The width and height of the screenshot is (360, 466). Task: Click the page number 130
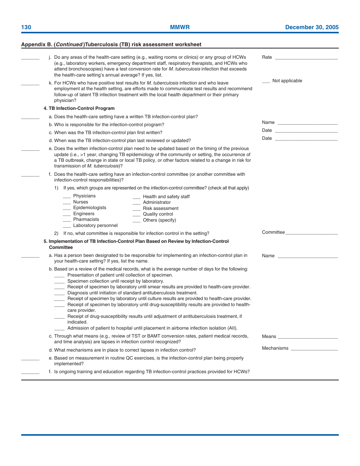pyautogui.click(x=26, y=27)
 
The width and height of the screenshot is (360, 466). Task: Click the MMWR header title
pyautogui.click(x=180, y=27)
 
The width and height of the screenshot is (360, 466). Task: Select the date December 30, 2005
pyautogui.click(x=311, y=27)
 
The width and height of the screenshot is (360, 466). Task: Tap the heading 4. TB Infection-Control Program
pyautogui.click(x=79, y=108)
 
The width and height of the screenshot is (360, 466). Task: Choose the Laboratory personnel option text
pyautogui.click(x=95, y=225)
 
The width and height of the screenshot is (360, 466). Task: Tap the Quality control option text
pyautogui.click(x=158, y=214)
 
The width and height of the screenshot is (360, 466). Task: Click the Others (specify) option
pyautogui.click(x=159, y=220)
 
